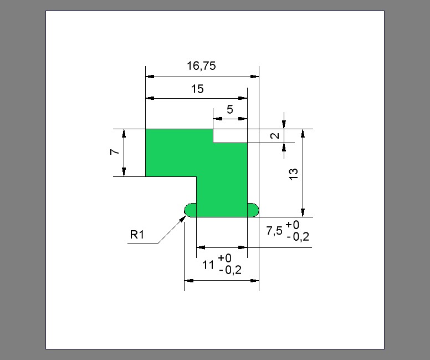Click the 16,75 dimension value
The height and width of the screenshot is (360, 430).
tap(201, 66)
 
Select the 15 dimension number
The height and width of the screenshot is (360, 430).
tap(197, 89)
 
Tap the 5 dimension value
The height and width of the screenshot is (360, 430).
tap(230, 110)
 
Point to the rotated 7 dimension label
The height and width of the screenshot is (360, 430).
tap(115, 152)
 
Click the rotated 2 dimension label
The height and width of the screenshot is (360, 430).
tap(275, 136)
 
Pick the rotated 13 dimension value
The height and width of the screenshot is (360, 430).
tap(294, 174)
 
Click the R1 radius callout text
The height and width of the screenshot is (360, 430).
tap(137, 235)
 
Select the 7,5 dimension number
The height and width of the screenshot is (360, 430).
tap(274, 231)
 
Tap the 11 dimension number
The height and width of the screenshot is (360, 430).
tap(208, 265)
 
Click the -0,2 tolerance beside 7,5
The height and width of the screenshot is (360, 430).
tap(298, 237)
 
